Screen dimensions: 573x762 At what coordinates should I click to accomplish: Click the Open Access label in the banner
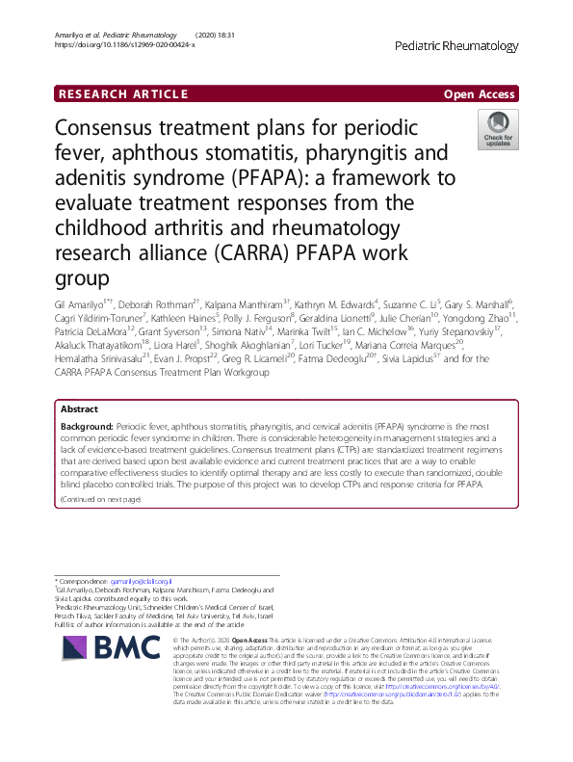[x=479, y=93]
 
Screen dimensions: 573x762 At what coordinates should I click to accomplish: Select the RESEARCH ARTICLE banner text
[x=123, y=93]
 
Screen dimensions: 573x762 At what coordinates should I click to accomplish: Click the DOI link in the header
[x=119, y=44]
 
